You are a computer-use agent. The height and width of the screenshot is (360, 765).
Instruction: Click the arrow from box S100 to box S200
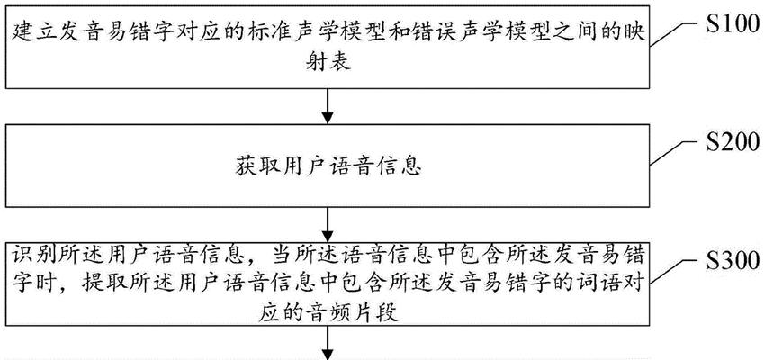(328, 106)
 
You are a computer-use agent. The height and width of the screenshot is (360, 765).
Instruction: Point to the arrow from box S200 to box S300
(328, 225)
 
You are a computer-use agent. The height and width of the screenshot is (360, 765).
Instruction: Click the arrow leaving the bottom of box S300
(328, 342)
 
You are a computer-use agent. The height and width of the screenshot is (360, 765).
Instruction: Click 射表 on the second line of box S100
(328, 63)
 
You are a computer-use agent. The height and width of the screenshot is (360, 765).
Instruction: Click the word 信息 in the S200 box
(399, 167)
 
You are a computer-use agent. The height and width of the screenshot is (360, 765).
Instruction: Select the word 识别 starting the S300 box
(33, 255)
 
